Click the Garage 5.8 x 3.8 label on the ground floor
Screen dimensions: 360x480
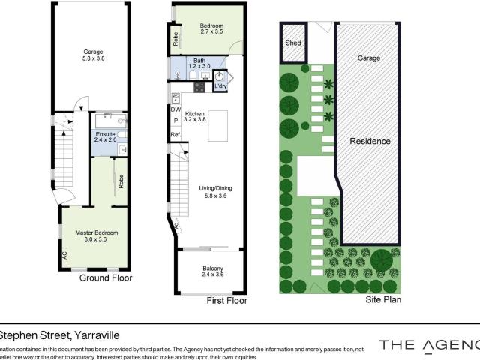click(x=93, y=55)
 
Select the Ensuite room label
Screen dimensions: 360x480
click(x=105, y=136)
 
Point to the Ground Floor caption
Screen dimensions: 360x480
click(x=106, y=277)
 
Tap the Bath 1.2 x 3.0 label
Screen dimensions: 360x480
click(x=199, y=64)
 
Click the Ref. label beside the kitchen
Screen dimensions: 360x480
click(x=175, y=135)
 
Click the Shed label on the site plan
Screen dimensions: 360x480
click(x=292, y=43)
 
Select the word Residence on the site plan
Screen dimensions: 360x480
click(x=370, y=141)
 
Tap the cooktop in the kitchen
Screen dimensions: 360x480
click(x=200, y=87)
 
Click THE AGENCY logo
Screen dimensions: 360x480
click(x=428, y=345)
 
